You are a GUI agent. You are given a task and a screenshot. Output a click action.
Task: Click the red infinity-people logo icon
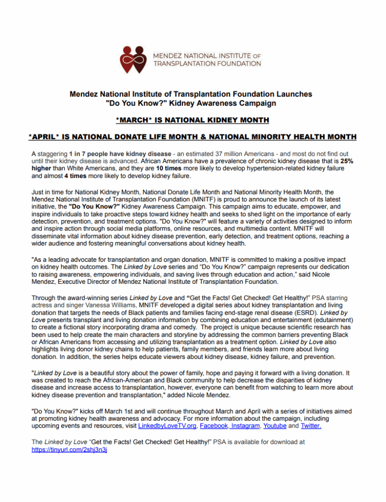click(135, 59)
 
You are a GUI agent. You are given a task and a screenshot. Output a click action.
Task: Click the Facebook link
click(214, 426)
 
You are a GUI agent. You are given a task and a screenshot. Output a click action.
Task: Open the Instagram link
click(245, 426)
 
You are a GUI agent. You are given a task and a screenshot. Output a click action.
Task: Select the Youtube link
click(275, 426)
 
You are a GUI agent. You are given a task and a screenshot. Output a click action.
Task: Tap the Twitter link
click(311, 426)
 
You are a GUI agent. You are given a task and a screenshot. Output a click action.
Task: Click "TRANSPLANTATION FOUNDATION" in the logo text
click(207, 64)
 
